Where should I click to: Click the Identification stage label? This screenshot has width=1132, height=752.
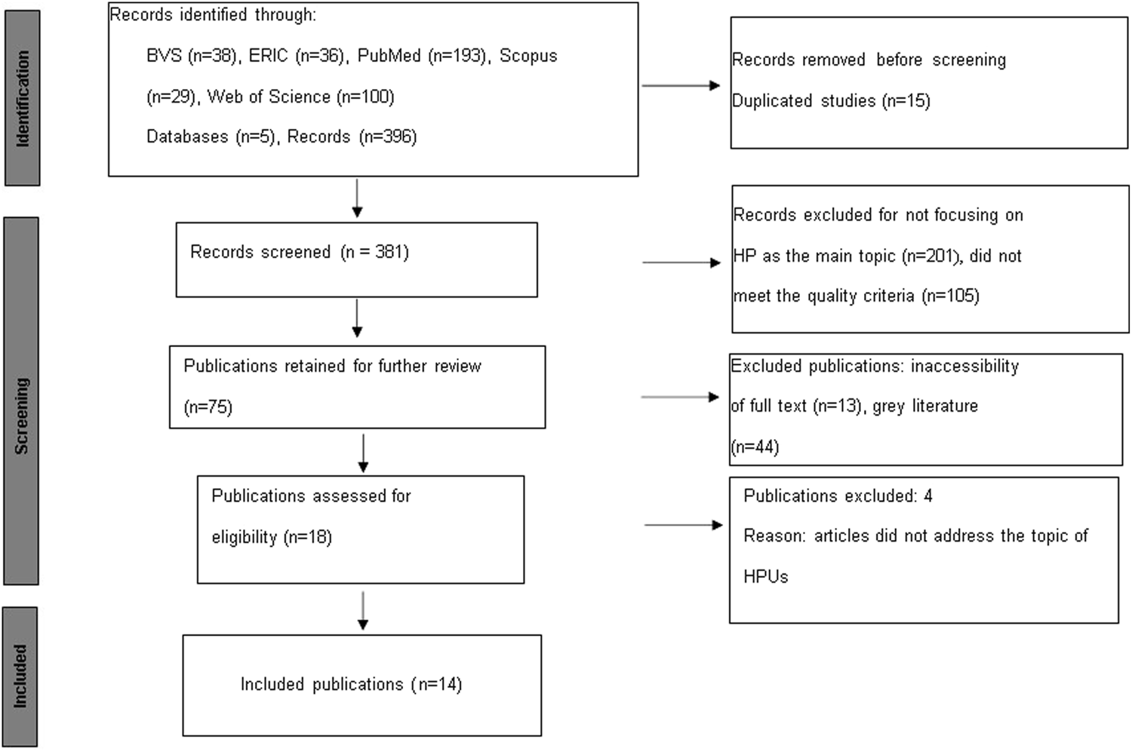22,98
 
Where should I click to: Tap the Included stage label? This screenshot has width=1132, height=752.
20,676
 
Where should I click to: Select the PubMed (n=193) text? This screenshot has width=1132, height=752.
422,56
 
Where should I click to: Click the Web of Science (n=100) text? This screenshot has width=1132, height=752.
300,97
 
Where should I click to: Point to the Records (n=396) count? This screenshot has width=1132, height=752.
352,137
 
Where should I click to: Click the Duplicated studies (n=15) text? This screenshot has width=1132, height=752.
831,100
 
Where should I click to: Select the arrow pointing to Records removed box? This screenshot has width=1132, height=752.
681,85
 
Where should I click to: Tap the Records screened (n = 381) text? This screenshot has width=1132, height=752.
300,252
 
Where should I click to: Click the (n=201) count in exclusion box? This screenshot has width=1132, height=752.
931,256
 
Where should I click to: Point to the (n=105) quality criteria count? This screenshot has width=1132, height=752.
950,296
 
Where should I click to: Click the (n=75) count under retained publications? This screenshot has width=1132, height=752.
208,407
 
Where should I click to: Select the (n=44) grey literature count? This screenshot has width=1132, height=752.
755,447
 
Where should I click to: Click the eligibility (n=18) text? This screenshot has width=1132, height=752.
272,537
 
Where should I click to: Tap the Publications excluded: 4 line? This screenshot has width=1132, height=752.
838,496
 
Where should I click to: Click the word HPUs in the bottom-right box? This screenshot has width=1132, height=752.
765,577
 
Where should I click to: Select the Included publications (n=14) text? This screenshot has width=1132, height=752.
351,684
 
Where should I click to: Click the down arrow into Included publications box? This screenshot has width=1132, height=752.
363,610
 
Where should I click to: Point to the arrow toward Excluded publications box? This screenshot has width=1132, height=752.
680,397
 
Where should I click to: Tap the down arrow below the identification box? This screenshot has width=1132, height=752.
358,198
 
